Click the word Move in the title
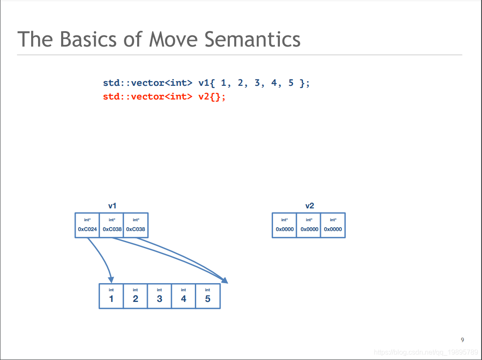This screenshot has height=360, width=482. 173,40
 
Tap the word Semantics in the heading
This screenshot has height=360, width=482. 253,40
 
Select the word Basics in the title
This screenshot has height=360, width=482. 88,40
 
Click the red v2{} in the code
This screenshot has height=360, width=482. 212,97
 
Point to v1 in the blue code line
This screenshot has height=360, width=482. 204,83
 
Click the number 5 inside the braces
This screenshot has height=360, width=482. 291,83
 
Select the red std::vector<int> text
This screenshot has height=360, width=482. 147,97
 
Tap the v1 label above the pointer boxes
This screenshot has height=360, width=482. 112,206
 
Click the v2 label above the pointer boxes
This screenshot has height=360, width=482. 309,206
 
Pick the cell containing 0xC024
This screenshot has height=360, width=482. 87,225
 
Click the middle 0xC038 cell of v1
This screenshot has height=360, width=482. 112,225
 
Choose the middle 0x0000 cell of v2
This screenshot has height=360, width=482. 309,225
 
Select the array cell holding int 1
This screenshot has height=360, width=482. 111,296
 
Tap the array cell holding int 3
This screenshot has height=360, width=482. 159,296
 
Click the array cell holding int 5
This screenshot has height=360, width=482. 208,296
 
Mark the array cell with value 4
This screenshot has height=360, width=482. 183,296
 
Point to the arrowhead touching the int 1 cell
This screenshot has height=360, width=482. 111,280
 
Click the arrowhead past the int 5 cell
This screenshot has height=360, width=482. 225,280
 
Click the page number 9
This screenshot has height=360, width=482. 462,340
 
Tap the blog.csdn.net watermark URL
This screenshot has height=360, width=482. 426,352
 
